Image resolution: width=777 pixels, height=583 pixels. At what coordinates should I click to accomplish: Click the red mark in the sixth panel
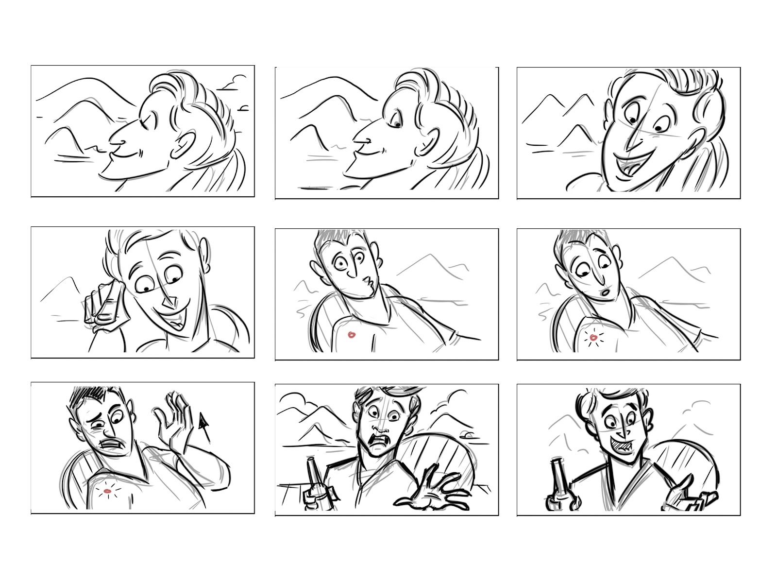tap(593, 336)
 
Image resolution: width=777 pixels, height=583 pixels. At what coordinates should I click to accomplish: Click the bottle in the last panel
tap(556, 486)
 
